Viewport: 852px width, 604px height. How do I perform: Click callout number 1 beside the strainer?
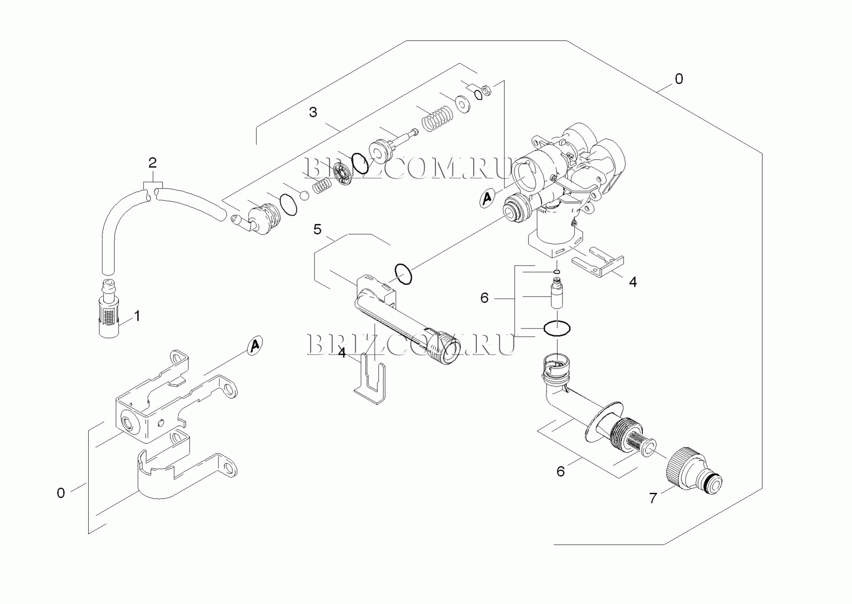[x=137, y=316]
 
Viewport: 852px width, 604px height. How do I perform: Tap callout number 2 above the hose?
[x=152, y=163]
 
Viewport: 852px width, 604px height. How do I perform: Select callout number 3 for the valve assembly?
[x=313, y=112]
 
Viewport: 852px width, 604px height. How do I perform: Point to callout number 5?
[x=317, y=229]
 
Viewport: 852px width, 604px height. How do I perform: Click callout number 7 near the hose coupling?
[x=653, y=499]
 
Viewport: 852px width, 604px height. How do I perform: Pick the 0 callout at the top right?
[x=679, y=79]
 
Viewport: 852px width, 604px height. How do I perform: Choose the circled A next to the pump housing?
[x=487, y=198]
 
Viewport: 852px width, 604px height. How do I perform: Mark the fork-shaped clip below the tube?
[x=370, y=378]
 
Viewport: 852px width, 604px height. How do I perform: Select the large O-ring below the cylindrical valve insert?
[x=557, y=329]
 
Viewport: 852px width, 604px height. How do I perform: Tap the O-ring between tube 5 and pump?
[x=404, y=274]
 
